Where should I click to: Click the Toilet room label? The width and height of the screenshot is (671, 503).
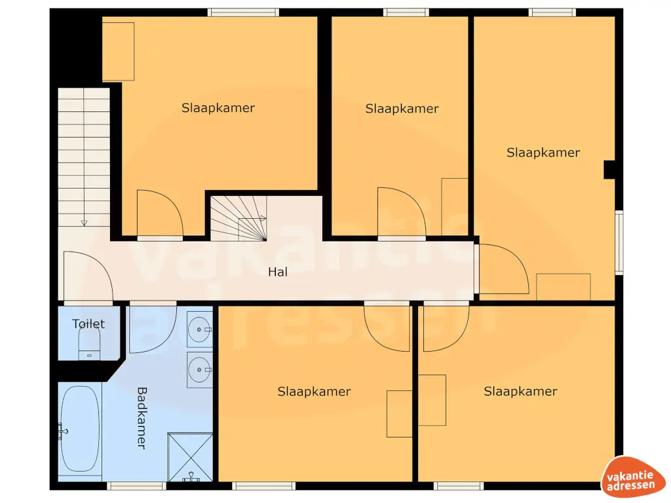coord(88,324)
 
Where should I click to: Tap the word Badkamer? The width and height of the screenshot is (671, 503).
coord(141,418)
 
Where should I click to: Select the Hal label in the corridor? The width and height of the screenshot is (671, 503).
coord(278,272)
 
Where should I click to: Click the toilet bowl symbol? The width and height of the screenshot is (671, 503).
coord(88,343)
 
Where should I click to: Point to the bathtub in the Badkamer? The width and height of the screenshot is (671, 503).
coord(80,430)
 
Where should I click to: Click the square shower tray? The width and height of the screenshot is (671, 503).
coord(190,456)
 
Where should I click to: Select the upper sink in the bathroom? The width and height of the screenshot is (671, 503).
coord(199,329)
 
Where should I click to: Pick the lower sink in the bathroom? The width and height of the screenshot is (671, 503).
coord(199,369)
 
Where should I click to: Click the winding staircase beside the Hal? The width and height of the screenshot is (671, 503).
coord(238,219)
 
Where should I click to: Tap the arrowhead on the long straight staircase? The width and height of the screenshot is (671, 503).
coord(84,223)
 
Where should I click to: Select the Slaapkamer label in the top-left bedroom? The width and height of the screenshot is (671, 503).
coord(218,108)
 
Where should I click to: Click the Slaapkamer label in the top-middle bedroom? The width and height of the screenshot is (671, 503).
coord(402,109)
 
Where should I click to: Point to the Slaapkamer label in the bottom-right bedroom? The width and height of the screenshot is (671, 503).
coord(520,392)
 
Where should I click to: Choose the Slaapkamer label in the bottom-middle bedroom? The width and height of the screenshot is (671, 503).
coord(314,392)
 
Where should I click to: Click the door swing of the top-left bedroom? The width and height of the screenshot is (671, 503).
coord(157,213)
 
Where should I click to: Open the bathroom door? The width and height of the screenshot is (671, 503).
coord(151,327)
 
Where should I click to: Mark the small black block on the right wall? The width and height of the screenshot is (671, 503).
coord(609,170)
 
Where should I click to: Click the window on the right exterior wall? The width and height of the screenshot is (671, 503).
coord(619,242)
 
